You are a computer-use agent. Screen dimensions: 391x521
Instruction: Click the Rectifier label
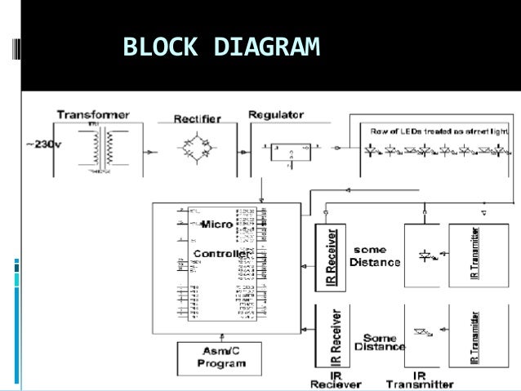(197, 118)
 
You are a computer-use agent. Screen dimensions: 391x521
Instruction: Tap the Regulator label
(276, 114)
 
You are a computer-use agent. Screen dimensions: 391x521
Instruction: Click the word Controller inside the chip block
(220, 255)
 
